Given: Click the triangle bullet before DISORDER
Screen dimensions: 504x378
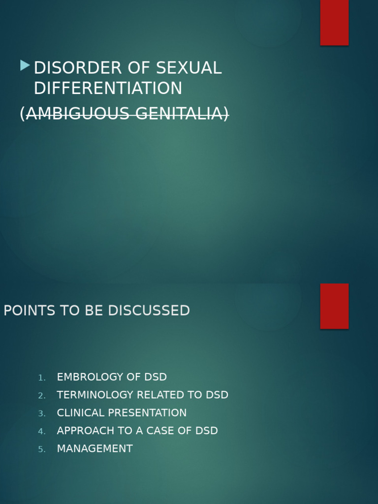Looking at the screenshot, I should tap(25, 65).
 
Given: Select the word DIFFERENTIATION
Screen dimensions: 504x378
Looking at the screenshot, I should tap(108, 89).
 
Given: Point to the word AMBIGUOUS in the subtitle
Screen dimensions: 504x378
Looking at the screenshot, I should tap(73, 114).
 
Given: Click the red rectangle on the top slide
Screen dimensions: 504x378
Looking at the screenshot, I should tap(334, 22).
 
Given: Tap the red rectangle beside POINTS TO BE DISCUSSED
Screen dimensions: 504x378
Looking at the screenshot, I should tap(334, 306).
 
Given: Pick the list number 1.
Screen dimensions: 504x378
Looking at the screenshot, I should tap(42, 378).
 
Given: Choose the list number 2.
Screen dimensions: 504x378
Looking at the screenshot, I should tap(42, 396).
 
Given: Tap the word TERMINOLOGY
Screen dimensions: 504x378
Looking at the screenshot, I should tap(94, 395).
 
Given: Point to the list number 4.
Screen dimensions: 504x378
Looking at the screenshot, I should tap(42, 432).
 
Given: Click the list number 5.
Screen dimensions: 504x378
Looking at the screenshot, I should tap(42, 449).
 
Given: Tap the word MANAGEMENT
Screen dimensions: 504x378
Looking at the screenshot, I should tap(94, 449).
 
